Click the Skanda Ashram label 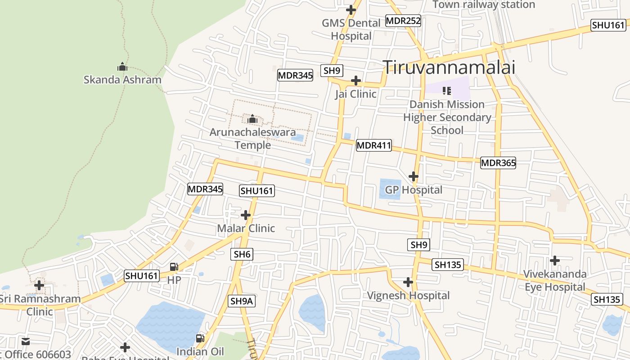click(x=122, y=80)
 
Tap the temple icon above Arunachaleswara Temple click(x=252, y=119)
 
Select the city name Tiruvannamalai click(x=449, y=67)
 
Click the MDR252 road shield click(x=403, y=21)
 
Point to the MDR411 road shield click(x=373, y=145)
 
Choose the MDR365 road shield click(x=498, y=163)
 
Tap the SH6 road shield click(x=242, y=254)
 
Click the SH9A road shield click(x=242, y=301)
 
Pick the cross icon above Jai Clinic click(x=356, y=81)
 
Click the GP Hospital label click(x=414, y=190)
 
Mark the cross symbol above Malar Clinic click(x=246, y=215)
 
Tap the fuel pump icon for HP click(x=174, y=267)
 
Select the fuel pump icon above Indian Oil click(x=200, y=338)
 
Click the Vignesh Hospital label click(x=408, y=296)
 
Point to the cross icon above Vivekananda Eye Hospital click(x=555, y=261)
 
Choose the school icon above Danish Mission click(x=447, y=91)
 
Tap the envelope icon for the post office click(x=26, y=342)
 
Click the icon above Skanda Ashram click(x=122, y=67)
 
